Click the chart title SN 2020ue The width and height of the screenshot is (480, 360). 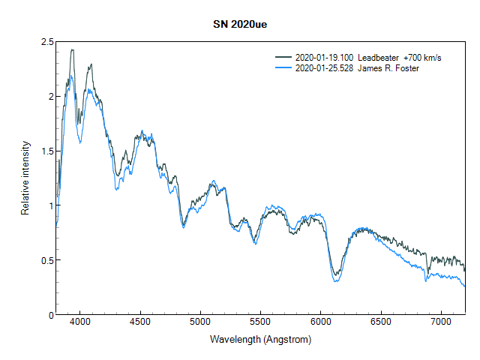click(240, 24)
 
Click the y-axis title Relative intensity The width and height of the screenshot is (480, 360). click(25, 178)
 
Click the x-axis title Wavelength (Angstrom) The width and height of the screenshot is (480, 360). click(260, 340)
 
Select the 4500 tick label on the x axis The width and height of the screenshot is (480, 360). click(140, 323)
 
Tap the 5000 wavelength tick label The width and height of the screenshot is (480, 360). click(200, 323)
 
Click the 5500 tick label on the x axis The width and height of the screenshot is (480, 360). click(260, 323)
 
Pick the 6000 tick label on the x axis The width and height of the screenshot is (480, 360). click(320, 323)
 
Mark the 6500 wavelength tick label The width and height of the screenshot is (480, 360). click(380, 323)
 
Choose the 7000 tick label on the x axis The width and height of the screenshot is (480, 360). click(440, 323)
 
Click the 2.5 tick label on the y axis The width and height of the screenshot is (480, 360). click(46, 42)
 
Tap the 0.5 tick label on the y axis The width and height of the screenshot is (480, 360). click(46, 260)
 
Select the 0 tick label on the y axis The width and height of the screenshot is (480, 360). click(50, 314)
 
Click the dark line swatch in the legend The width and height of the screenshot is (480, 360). click(283, 57)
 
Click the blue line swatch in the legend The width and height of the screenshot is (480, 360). click(283, 67)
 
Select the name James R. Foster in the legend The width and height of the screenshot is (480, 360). click(388, 67)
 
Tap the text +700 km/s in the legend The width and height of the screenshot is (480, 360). click(421, 57)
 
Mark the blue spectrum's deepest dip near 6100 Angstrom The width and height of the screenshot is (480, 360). click(336, 282)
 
